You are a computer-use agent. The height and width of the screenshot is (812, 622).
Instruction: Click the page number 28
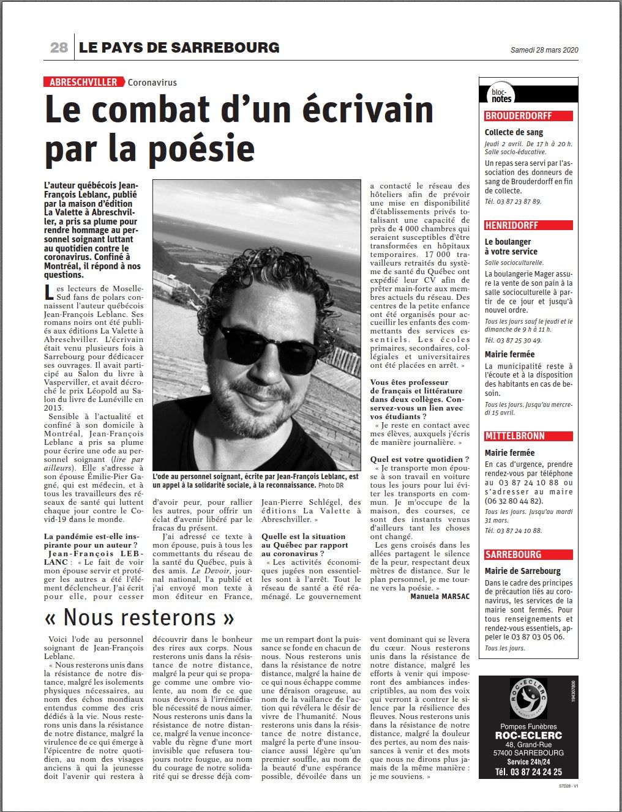59,48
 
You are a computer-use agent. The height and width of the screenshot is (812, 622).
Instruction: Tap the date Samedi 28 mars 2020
544,50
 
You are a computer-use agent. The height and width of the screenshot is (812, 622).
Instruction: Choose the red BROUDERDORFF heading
519,116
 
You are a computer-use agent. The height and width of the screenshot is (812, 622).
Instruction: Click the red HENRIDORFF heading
512,225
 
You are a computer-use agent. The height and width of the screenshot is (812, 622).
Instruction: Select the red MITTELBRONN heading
514,436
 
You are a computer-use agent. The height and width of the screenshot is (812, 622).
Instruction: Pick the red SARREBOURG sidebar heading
513,554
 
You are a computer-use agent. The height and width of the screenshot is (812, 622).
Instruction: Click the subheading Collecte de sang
514,132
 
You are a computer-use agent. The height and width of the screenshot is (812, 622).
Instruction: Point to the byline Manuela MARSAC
440,596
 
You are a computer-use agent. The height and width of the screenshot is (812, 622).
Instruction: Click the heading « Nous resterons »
140,617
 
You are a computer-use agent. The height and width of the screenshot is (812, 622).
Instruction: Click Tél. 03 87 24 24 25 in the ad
528,772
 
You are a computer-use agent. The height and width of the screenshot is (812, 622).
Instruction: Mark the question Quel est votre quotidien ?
420,459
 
